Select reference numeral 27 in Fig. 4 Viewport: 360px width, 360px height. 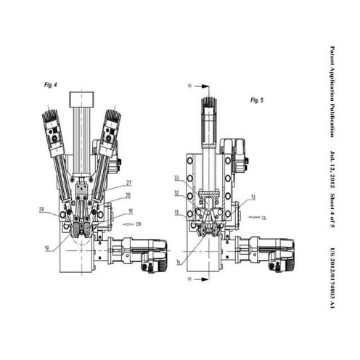pyautogui.click(x=128, y=183)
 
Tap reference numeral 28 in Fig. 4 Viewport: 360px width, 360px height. pyautogui.click(x=128, y=195)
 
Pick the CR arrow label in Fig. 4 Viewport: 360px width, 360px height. pyautogui.click(x=138, y=225)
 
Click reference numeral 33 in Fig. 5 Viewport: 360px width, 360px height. pyautogui.click(x=176, y=178)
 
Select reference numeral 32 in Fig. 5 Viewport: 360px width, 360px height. pyautogui.click(x=176, y=193)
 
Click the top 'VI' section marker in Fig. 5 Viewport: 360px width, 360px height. pyautogui.click(x=189, y=86)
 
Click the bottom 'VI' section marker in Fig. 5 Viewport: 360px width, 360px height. pyautogui.click(x=189, y=279)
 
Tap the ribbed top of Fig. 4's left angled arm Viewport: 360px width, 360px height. pyautogui.click(x=49, y=115)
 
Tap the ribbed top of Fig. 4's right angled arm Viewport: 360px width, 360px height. pyautogui.click(x=112, y=115)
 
